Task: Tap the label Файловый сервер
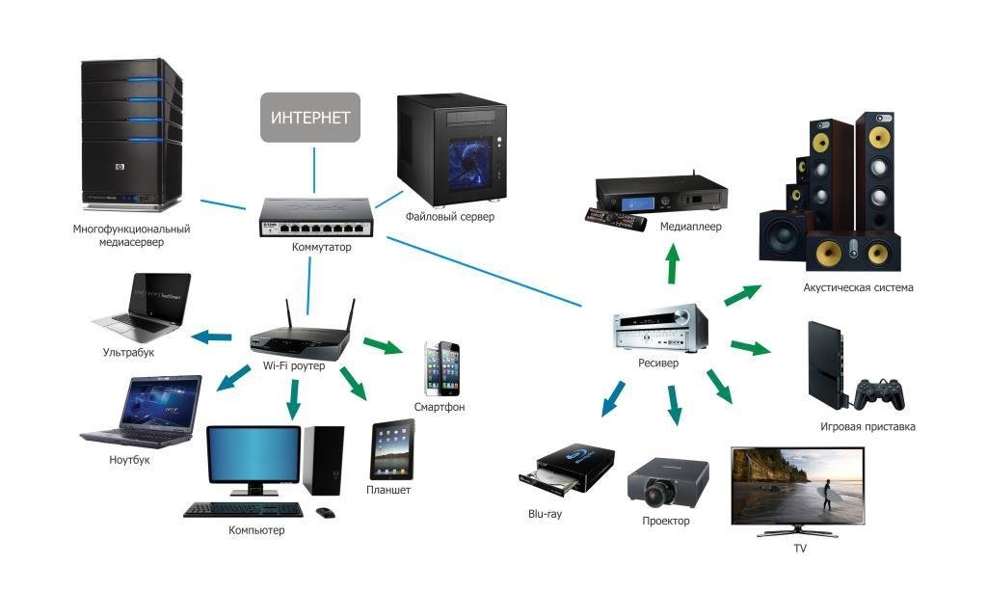click(450, 217)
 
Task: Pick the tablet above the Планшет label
click(392, 449)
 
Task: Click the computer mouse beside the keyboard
click(326, 511)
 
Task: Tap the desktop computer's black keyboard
click(243, 509)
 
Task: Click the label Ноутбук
click(130, 460)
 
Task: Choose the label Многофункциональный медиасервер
click(131, 235)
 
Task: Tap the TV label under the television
click(799, 548)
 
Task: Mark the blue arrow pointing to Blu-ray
click(612, 398)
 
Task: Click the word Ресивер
click(658, 364)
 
